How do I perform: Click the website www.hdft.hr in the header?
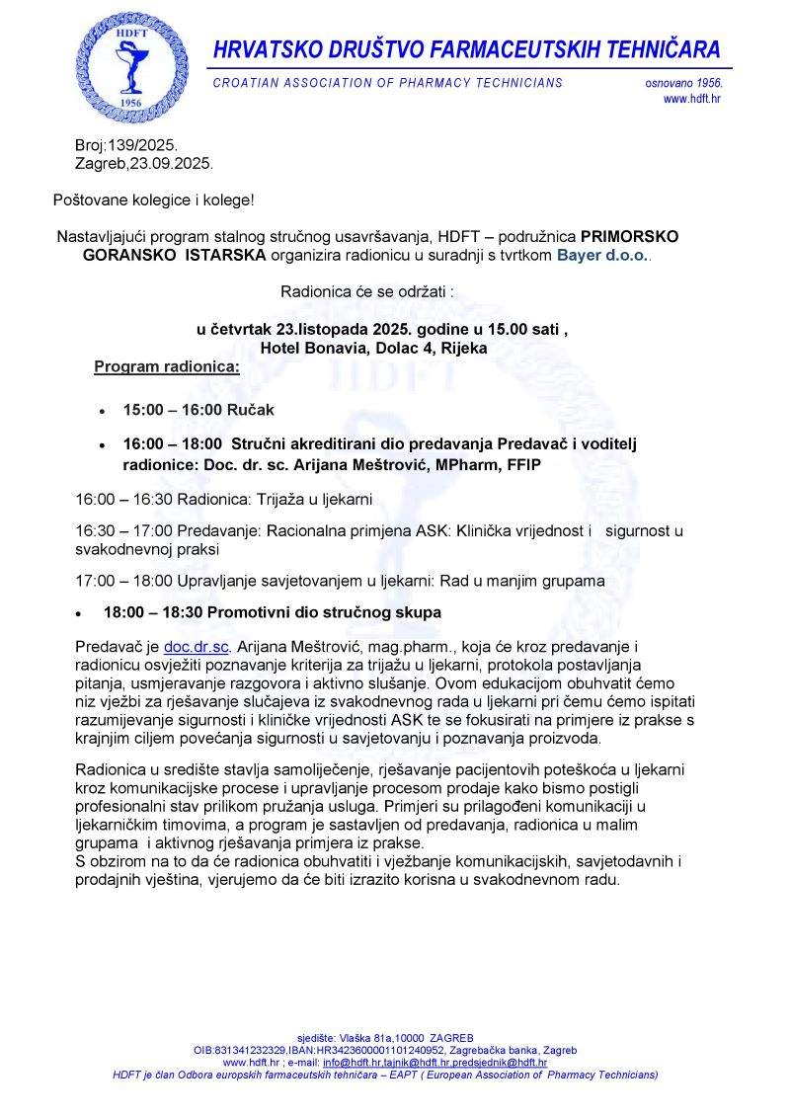pos(691,99)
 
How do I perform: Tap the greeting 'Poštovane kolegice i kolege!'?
pos(153,200)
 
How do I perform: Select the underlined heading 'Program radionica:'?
pos(167,367)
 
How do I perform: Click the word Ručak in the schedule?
pos(252,409)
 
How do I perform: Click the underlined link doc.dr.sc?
pos(197,647)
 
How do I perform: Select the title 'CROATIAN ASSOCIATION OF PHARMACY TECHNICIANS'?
pos(388,83)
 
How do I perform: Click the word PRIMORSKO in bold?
pos(630,238)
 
